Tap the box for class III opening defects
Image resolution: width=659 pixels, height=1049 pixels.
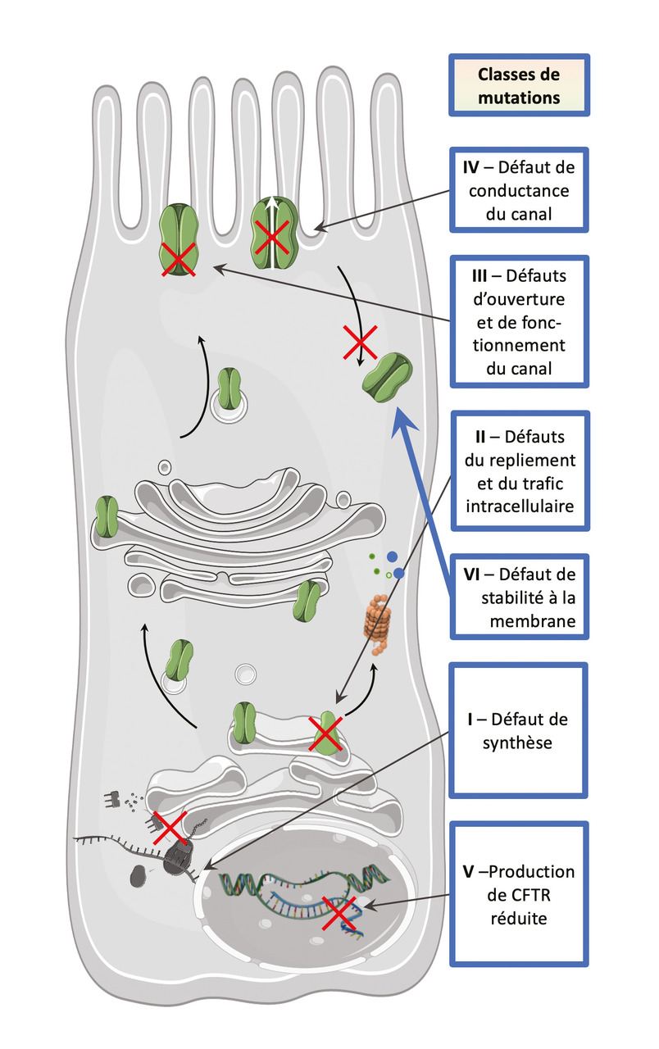click(x=518, y=321)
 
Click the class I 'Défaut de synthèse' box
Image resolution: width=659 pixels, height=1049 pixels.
click(x=518, y=730)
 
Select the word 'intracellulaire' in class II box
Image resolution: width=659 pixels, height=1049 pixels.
click(x=518, y=506)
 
